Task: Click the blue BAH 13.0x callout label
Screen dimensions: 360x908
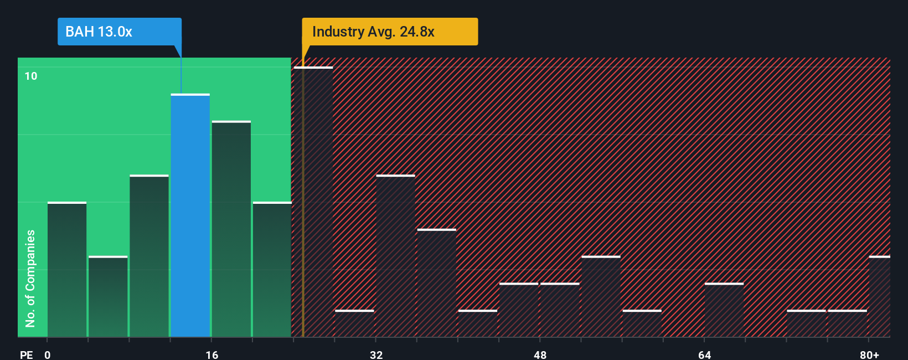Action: click(x=119, y=32)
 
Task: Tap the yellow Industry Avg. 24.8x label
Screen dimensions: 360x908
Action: click(x=389, y=32)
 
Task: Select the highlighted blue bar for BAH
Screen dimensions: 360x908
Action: click(x=190, y=216)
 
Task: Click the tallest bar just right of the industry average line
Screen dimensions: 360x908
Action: click(x=313, y=202)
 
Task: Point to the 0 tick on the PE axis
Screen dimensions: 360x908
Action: click(x=48, y=354)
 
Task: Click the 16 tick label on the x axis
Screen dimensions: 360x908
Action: click(x=212, y=354)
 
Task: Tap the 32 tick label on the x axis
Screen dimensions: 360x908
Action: click(x=376, y=354)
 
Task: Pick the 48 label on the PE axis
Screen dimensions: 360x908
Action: click(x=540, y=354)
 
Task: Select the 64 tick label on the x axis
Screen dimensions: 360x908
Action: click(x=704, y=354)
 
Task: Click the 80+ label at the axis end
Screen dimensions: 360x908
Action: click(x=869, y=354)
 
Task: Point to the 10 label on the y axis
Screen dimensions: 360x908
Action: click(x=31, y=76)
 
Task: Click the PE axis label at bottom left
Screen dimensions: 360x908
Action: click(x=26, y=354)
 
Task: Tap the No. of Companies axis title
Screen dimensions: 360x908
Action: click(x=30, y=278)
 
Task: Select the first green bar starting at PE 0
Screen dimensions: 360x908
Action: click(x=67, y=270)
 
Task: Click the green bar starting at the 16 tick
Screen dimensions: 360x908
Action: click(x=231, y=229)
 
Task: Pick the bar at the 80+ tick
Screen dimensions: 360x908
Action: click(x=879, y=296)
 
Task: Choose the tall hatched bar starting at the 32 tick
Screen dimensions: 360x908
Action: click(x=395, y=256)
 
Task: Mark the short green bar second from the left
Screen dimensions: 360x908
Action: click(x=108, y=296)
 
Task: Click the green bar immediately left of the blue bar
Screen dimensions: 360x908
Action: click(x=149, y=256)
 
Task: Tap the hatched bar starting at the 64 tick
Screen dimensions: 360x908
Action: click(x=724, y=310)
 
